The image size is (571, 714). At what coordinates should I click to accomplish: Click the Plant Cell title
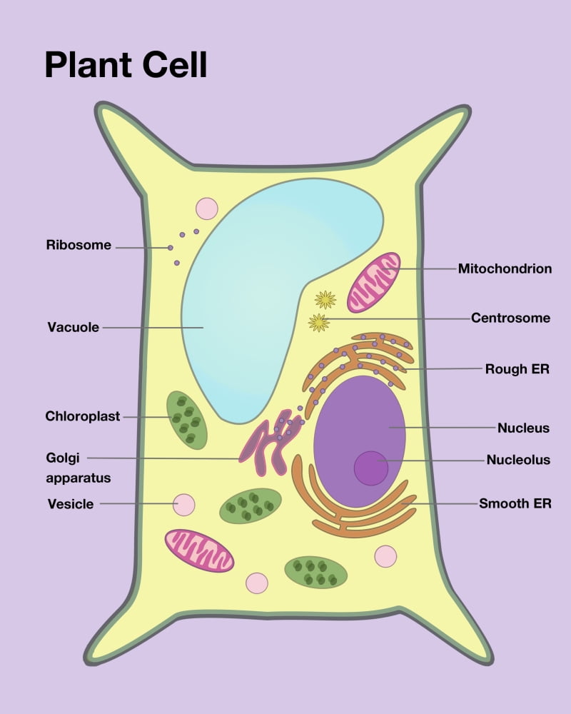coord(126,64)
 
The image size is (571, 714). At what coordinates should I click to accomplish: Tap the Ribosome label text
coord(79,245)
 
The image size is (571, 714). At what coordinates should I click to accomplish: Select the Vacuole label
coord(73,328)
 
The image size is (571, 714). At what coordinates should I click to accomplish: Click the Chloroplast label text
coord(83,416)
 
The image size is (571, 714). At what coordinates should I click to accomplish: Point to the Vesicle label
coord(71,504)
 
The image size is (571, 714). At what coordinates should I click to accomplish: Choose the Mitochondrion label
coord(505,269)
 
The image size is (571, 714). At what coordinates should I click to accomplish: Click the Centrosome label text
coord(510,318)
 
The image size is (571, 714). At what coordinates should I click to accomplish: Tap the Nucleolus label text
coord(518,460)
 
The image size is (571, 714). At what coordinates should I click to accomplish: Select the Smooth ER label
coord(515,503)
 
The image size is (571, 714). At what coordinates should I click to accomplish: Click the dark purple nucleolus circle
coord(371,468)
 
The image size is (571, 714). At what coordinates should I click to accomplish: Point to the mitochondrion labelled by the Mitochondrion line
coord(374,282)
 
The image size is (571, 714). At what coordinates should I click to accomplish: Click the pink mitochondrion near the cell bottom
coord(199,550)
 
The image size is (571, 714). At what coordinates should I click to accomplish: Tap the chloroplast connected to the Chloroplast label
coord(187,421)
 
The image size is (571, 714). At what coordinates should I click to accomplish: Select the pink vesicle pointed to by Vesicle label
coord(184,505)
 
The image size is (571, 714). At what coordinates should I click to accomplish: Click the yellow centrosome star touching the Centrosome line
coord(319,323)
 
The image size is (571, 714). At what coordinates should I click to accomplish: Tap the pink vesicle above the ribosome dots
coord(207,208)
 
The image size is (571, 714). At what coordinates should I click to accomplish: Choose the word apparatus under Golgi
coord(79,477)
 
